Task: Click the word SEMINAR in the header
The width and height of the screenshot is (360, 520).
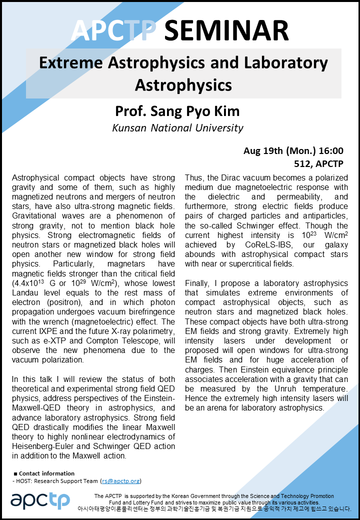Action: click(226, 31)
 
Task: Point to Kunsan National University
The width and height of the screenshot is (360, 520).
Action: click(178, 127)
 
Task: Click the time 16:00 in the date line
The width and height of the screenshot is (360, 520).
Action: click(331, 150)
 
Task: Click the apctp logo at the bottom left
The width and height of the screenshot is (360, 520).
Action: click(40, 500)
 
